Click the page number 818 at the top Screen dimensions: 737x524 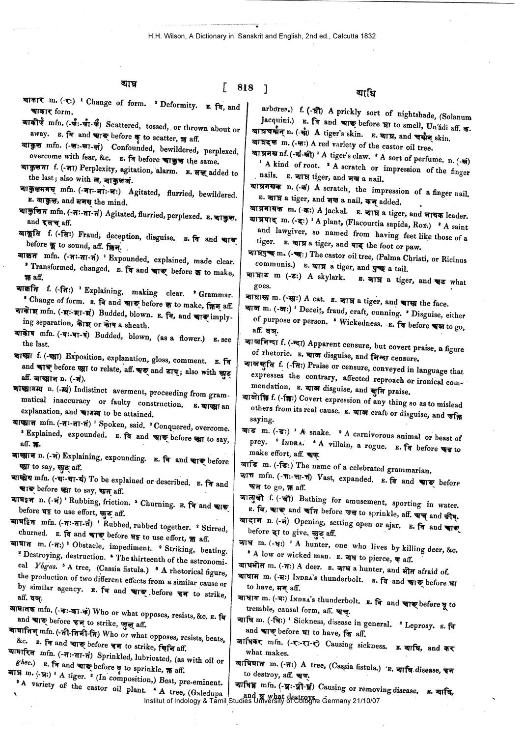(245, 88)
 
